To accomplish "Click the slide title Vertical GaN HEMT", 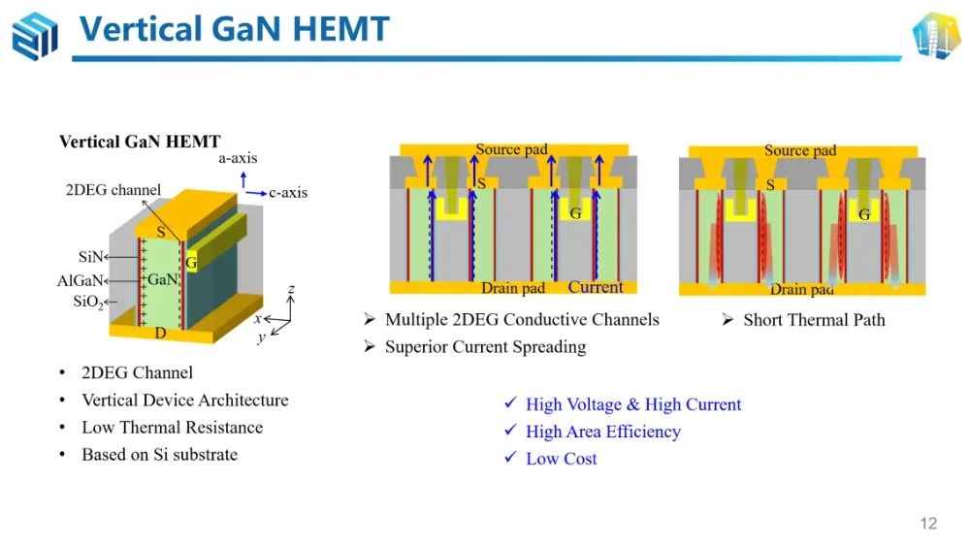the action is click(x=235, y=28).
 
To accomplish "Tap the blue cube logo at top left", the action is click(x=35, y=36).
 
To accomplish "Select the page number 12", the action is click(x=928, y=524).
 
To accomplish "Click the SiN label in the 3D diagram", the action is click(x=90, y=257).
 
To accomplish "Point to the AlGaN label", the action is click(x=80, y=281).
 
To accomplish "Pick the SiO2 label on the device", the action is click(x=88, y=302).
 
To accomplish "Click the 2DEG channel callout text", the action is click(x=113, y=190).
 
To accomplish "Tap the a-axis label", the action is click(x=238, y=158).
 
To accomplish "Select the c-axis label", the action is click(x=288, y=192).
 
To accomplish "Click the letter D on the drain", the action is click(x=160, y=333).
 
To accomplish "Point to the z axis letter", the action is click(x=291, y=289).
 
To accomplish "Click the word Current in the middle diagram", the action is click(x=596, y=287).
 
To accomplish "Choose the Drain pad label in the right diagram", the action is click(x=802, y=289).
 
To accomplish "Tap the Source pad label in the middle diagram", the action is click(x=511, y=149).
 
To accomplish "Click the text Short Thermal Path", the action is click(x=814, y=320).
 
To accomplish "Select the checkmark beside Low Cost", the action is click(x=510, y=457).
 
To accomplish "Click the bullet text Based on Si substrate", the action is click(x=160, y=455).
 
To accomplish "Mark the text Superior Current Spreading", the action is click(x=486, y=346).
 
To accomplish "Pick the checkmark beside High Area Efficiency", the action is click(x=510, y=430).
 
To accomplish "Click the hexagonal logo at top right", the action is click(x=936, y=35).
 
